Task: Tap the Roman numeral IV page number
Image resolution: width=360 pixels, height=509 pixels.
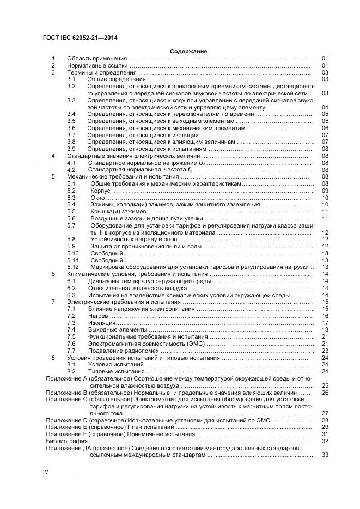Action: point(46,470)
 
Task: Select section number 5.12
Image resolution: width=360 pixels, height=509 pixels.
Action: point(73,267)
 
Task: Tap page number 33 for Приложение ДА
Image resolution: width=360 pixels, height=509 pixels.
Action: point(325,455)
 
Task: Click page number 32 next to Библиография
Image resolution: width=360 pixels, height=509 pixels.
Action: point(325,441)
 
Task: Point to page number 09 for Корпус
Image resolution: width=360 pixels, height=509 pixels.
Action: point(325,191)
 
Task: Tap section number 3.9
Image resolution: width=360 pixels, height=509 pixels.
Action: point(71,149)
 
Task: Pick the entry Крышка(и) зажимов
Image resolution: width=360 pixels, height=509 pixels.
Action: point(118,212)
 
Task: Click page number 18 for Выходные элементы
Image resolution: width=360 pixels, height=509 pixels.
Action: point(325,330)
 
